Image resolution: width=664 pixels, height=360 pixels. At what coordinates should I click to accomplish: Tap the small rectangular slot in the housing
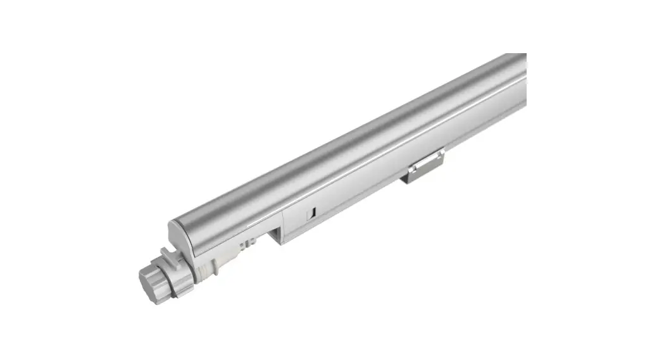point(310,214)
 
